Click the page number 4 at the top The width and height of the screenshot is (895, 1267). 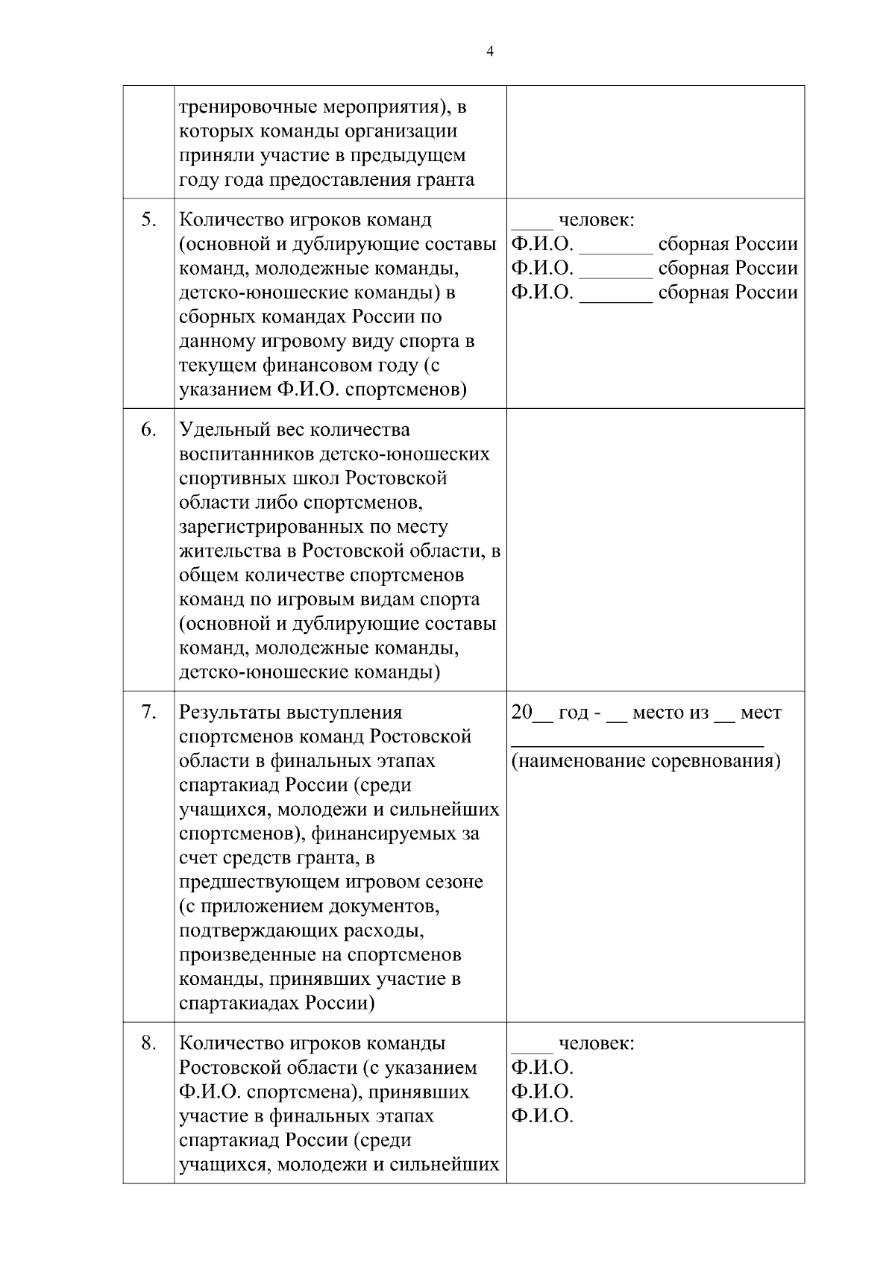coord(489,51)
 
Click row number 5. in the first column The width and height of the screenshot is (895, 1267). coord(149,219)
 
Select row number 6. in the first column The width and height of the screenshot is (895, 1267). coord(149,429)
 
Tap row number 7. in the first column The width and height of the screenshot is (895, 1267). coord(149,712)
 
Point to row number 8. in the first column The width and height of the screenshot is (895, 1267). coord(149,1042)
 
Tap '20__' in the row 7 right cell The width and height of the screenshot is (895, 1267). coord(531,713)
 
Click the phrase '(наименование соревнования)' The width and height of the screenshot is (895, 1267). coord(646,761)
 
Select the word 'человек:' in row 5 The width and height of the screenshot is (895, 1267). coord(597,220)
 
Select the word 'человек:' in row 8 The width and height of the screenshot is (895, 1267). coord(597,1043)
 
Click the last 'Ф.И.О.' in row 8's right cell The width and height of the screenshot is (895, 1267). coord(542,1116)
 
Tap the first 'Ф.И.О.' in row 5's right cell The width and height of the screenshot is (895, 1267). coord(542,244)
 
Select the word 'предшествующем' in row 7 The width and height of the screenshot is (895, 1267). coord(260,882)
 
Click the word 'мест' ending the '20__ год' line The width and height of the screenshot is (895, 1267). coord(761,713)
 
